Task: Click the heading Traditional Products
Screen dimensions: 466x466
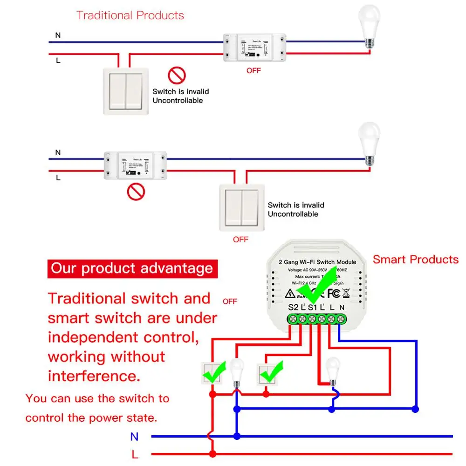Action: [x=130, y=15]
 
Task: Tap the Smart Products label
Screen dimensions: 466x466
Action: [x=416, y=260]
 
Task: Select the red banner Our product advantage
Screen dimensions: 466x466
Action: [x=132, y=268]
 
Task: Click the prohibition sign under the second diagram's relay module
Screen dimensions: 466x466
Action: [x=136, y=192]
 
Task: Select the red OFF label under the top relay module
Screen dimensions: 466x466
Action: [x=254, y=70]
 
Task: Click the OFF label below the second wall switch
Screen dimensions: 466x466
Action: [x=240, y=240]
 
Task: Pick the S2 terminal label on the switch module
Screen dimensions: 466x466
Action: [x=293, y=308]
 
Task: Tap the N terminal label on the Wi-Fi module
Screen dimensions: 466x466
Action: [x=343, y=308]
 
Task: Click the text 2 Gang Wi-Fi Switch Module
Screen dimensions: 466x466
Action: [x=317, y=262]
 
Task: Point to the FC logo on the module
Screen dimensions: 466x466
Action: [x=333, y=294]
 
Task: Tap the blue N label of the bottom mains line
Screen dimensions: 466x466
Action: [x=134, y=437]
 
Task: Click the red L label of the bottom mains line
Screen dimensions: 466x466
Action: [x=135, y=454]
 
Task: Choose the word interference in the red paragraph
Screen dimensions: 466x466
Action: [x=94, y=376]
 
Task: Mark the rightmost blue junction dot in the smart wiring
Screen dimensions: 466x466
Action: [x=416, y=409]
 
